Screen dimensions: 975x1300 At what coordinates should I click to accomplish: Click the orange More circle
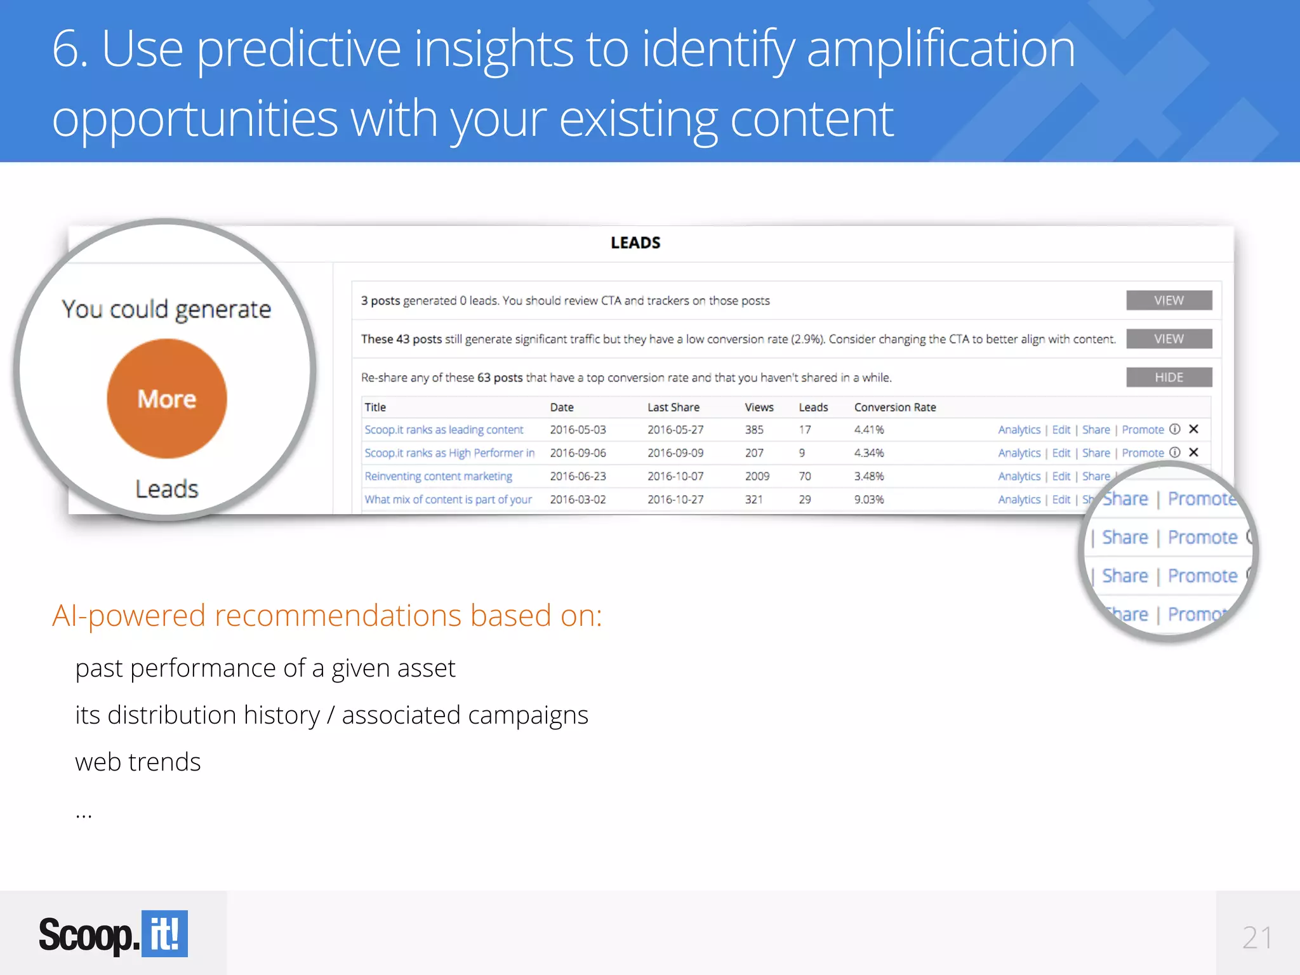[167, 399]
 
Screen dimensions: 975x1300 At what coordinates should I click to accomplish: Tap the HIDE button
[1169, 377]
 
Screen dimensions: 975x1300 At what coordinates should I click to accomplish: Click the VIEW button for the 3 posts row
[1169, 300]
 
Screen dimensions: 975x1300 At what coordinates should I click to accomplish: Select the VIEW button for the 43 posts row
[1169, 339]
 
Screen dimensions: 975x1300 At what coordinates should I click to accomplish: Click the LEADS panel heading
[635, 243]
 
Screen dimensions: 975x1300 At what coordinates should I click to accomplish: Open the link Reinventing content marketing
[438, 476]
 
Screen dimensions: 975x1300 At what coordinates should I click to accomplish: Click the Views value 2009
[757, 476]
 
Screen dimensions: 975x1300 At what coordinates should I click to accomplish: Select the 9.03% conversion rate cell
[869, 500]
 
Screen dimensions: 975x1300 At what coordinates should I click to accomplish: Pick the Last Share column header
[673, 408]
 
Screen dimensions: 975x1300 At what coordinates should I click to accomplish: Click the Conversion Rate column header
[895, 408]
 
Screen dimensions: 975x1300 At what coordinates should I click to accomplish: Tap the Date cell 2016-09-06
[578, 453]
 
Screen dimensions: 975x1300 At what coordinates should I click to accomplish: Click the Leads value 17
[805, 430]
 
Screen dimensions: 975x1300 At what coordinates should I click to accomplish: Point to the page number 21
[1257, 938]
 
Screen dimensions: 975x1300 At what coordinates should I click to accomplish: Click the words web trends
[138, 762]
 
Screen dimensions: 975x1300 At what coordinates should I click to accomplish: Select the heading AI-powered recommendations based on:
[327, 616]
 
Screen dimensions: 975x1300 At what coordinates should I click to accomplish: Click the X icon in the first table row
[1193, 429]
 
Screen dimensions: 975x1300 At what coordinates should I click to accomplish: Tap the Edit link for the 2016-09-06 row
[1061, 453]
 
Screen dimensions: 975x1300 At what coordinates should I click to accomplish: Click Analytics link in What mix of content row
[1019, 500]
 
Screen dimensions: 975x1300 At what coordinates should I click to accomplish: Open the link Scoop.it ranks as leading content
[444, 430]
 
